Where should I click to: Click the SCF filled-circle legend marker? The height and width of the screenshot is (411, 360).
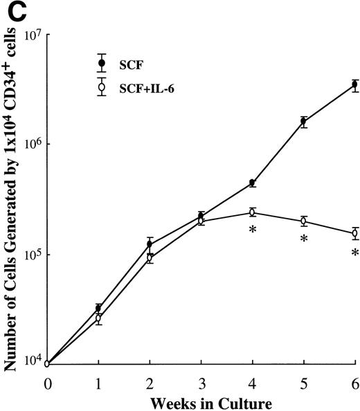click(x=102, y=63)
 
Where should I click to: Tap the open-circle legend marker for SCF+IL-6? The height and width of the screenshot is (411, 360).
click(x=102, y=88)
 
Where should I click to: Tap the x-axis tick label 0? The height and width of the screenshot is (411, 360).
click(x=47, y=383)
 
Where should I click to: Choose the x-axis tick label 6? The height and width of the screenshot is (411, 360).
click(x=355, y=383)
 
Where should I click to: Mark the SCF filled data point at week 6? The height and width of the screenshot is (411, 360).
click(x=355, y=84)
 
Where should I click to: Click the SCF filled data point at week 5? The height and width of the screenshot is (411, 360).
click(x=304, y=122)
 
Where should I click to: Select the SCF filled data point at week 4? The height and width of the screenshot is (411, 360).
click(x=253, y=183)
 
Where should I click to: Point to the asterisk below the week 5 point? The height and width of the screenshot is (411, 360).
click(x=304, y=239)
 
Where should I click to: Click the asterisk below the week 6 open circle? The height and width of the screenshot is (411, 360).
click(x=355, y=253)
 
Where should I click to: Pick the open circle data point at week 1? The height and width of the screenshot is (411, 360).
click(x=98, y=318)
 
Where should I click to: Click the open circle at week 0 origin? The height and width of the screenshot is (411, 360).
click(x=47, y=363)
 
